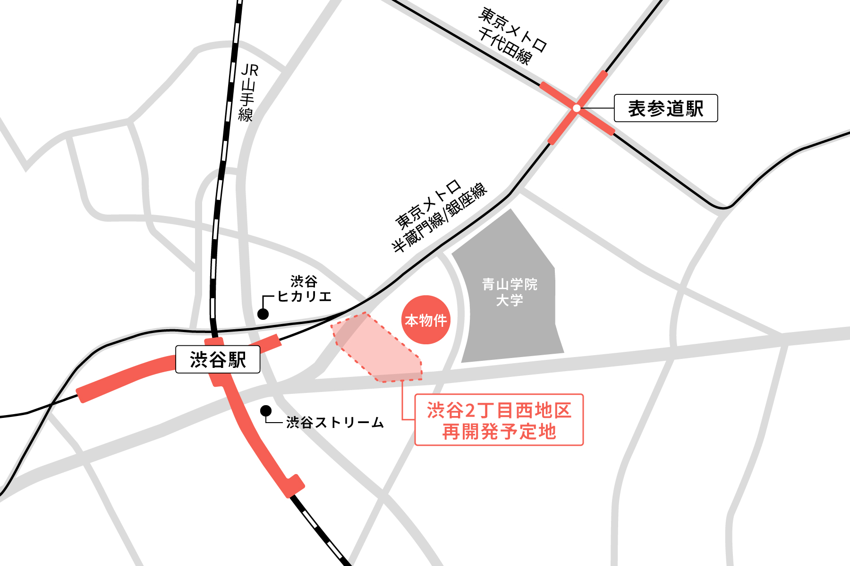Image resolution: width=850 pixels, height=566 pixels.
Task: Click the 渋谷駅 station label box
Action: [x=218, y=359]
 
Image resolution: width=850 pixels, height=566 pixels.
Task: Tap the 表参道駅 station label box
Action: [x=665, y=108]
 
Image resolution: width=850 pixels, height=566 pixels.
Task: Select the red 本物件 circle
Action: [x=425, y=320]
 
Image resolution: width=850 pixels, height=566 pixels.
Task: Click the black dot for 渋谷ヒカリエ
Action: [x=263, y=314]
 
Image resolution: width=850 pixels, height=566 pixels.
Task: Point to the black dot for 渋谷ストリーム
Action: [x=266, y=411]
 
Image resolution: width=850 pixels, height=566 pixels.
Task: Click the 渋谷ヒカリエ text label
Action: [x=304, y=289]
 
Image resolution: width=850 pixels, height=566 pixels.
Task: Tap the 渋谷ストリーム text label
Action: [x=335, y=422]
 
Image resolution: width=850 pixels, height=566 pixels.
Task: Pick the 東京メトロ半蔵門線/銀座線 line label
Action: [x=439, y=217]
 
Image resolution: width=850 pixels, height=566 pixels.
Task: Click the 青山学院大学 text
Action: [x=510, y=292]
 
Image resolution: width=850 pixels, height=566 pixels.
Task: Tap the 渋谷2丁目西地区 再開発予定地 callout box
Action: [x=499, y=420]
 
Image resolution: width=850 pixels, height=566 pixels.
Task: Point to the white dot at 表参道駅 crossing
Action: [x=576, y=108]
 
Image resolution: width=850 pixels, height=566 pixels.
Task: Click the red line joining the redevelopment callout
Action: [x=402, y=401]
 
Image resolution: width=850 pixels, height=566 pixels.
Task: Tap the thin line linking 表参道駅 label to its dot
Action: [x=596, y=108]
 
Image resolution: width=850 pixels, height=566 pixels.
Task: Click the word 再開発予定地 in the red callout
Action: [x=499, y=432]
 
